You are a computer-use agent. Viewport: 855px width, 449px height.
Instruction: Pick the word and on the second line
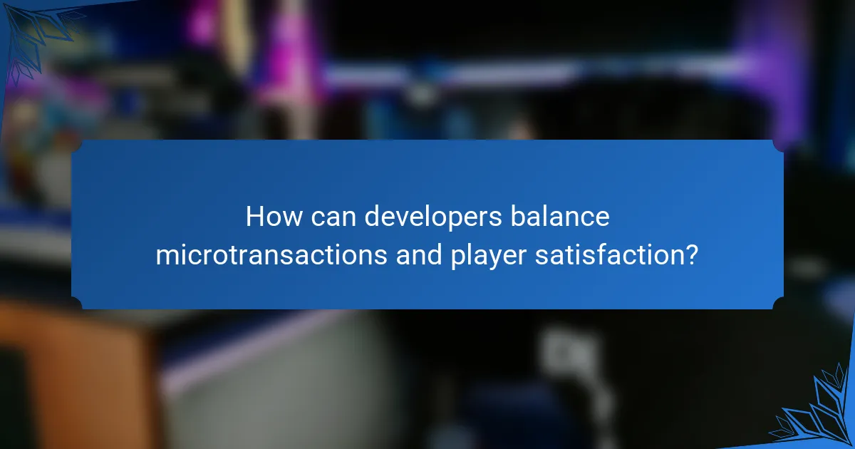tap(418, 255)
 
